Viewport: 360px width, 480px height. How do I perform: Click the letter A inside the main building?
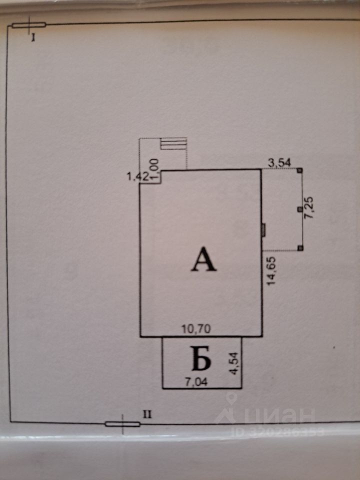click(203, 260)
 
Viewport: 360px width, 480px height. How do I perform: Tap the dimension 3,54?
click(280, 162)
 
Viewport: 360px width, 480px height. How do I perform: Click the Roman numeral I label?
click(33, 37)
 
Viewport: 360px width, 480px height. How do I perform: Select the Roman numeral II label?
click(147, 413)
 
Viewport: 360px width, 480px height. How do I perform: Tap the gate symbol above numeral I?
click(29, 24)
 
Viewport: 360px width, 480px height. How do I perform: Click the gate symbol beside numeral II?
click(122, 424)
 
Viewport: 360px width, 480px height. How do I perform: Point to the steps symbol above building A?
click(173, 144)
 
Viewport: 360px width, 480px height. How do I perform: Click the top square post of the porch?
click(299, 170)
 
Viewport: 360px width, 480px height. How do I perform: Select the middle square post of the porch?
click(299, 209)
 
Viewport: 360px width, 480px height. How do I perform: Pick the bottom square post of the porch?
click(299, 248)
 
